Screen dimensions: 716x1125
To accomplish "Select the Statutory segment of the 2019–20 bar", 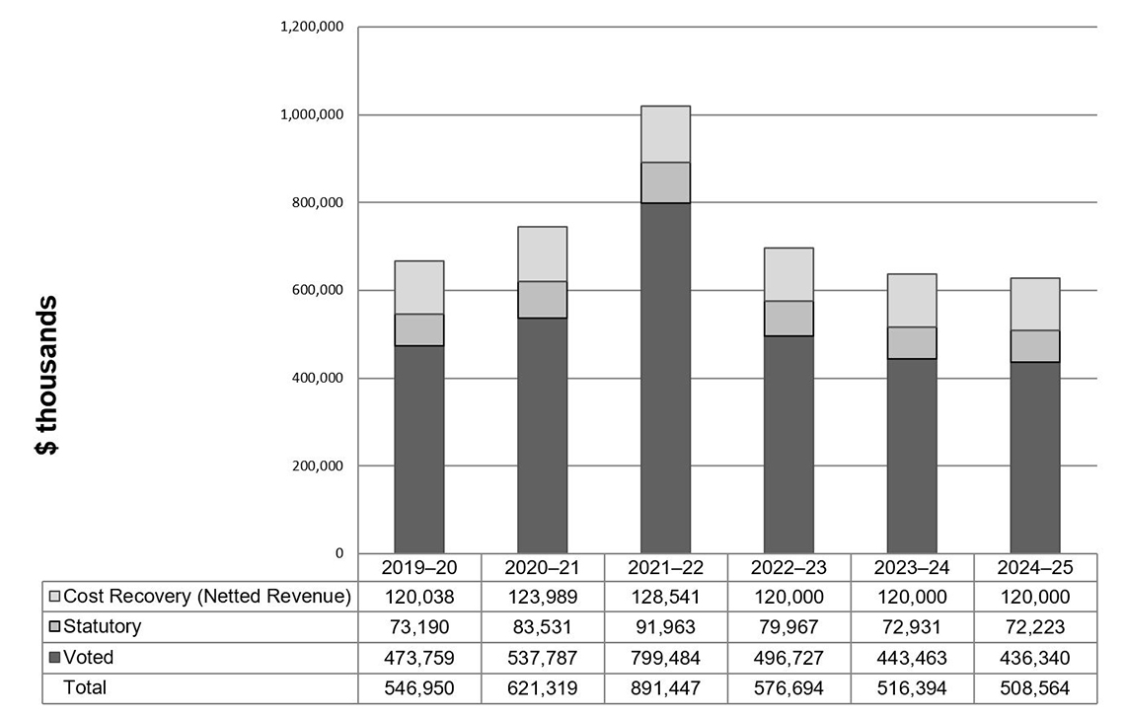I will (x=419, y=329).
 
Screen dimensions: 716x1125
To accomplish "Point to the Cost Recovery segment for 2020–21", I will (x=542, y=253).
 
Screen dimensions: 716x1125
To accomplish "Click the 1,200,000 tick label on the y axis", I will (x=312, y=27).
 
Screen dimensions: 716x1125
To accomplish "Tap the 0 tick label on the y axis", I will (x=338, y=553).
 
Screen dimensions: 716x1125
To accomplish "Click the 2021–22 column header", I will (x=665, y=568).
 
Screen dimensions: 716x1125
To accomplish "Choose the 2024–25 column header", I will (x=1035, y=568).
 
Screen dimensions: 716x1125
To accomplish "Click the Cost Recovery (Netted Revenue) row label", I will (x=207, y=597).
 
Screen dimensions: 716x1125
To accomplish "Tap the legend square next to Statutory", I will (x=55, y=627).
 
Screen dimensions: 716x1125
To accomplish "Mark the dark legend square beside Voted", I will (x=55, y=658).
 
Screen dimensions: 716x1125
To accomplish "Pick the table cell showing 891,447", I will (x=665, y=688).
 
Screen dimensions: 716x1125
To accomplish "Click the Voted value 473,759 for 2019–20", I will (x=419, y=658).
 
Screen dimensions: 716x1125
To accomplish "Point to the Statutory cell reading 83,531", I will (x=542, y=627).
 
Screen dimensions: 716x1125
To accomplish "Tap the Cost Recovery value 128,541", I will (x=665, y=597).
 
